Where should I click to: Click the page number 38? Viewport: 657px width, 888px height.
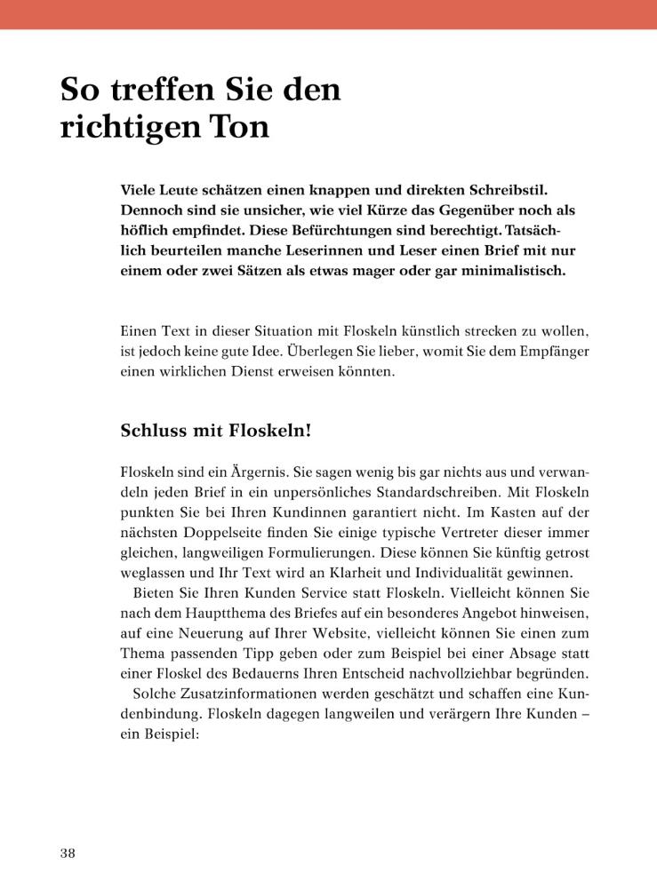coord(68,853)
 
